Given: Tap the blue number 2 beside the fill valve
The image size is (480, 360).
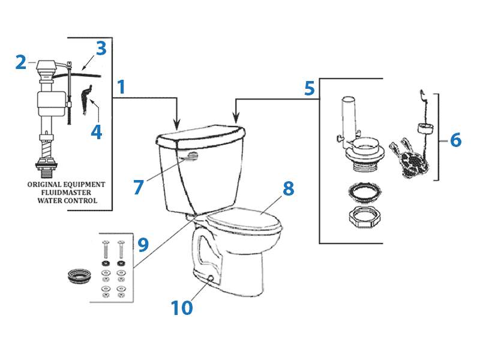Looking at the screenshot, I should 21,62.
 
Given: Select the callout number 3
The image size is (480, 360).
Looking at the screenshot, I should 100,49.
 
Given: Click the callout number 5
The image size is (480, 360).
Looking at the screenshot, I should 309,89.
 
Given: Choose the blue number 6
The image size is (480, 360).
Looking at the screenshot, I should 455,140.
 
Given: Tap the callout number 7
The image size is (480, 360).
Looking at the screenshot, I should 139,187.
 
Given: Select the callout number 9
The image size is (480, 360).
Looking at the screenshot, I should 142,245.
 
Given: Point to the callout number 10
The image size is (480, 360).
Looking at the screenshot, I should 181,308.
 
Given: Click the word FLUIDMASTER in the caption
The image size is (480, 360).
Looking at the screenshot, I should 66,193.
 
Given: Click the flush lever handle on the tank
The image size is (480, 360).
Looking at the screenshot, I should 190,158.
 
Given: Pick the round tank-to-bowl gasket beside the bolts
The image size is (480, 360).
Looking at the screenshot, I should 77,279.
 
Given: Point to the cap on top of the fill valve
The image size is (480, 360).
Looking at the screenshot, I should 45,63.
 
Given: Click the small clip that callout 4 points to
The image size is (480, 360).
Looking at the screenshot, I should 88,96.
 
